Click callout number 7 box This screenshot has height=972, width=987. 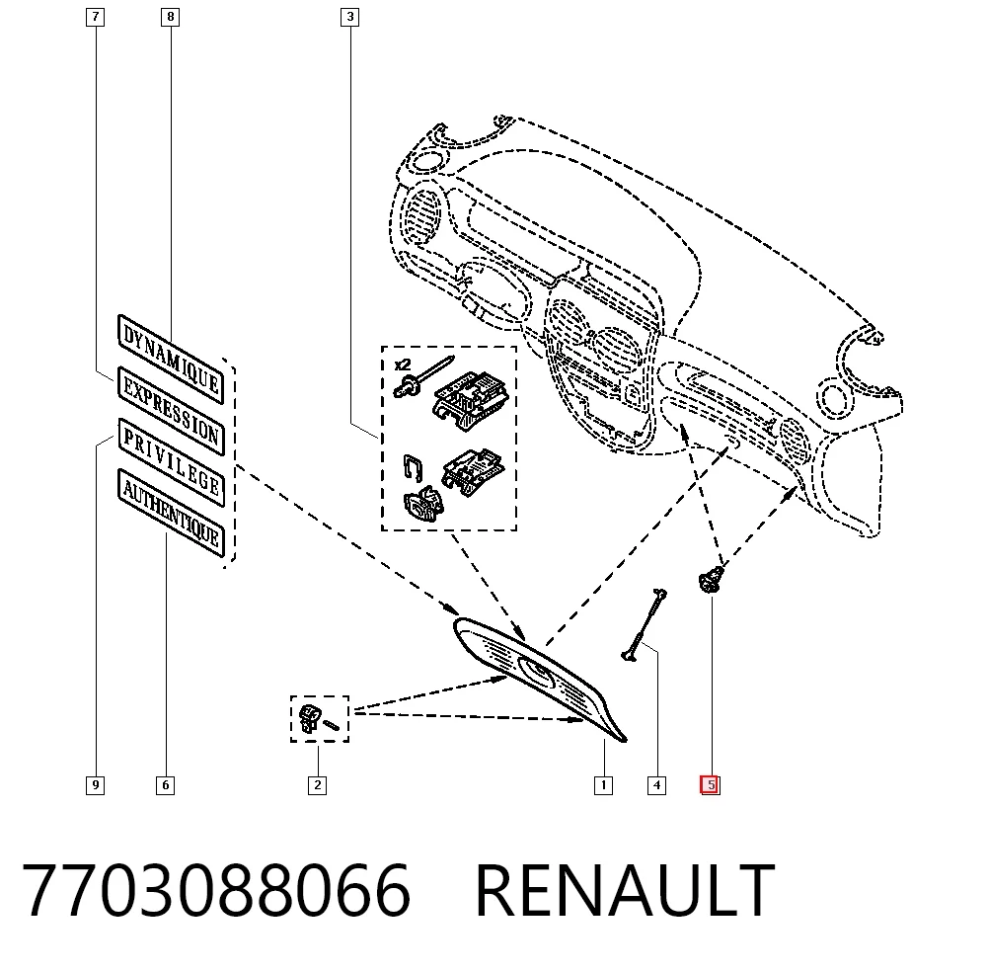point(95,17)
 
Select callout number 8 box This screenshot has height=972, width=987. point(170,17)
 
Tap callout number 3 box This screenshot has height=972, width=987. point(350,17)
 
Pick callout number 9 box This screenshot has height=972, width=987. point(95,785)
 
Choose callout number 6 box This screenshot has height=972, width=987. point(166,785)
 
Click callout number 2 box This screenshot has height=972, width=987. point(317,785)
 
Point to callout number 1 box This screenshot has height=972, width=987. point(604,785)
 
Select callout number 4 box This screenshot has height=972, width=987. point(656,785)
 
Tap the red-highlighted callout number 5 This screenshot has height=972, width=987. point(711,785)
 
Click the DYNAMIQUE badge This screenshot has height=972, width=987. point(171,360)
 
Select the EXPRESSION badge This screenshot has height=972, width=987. point(171,411)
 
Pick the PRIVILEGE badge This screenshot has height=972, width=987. point(171,462)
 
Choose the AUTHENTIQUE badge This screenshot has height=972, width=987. point(171,514)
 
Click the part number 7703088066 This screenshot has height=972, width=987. point(216,890)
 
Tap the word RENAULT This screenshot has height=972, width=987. point(625,890)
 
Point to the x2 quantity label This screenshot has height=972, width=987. point(403,364)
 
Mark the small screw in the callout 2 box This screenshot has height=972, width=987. point(331,726)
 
